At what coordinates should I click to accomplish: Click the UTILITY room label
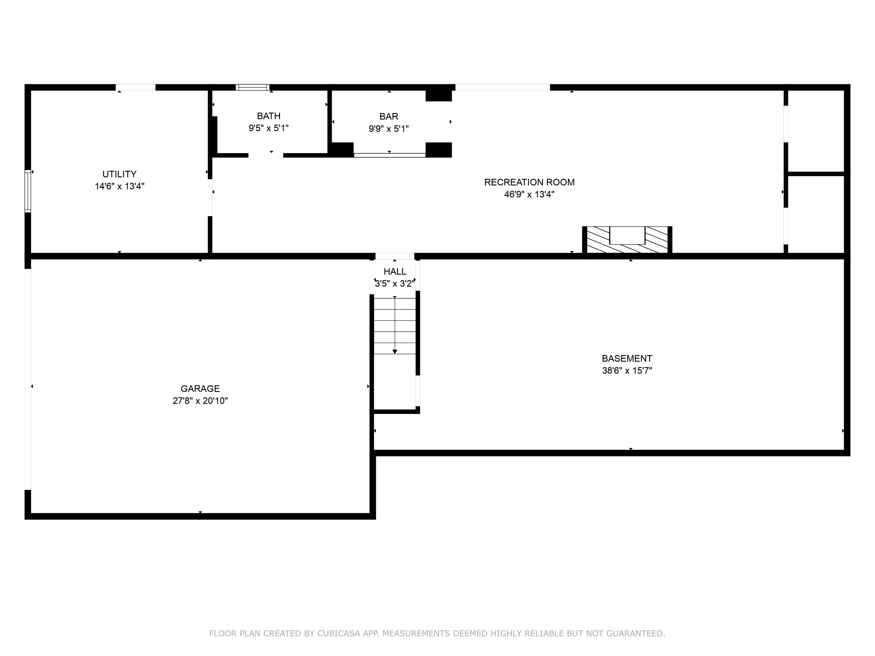(120, 174)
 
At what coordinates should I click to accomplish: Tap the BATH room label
(269, 116)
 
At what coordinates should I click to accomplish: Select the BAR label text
(388, 116)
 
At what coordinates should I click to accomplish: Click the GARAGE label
(200, 389)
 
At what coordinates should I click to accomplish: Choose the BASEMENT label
(626, 359)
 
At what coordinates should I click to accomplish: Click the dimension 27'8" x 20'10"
(200, 401)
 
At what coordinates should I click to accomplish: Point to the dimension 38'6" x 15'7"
(626, 371)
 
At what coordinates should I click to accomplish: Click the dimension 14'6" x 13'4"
(120, 186)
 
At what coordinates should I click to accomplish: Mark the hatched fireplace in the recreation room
(627, 240)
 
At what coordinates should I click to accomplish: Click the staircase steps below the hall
(395, 326)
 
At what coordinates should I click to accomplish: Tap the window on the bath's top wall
(252, 87)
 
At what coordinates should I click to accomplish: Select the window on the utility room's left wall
(28, 191)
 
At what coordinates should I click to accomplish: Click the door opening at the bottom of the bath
(265, 155)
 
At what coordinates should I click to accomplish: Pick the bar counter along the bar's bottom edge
(389, 155)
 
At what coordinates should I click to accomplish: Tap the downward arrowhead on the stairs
(395, 352)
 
